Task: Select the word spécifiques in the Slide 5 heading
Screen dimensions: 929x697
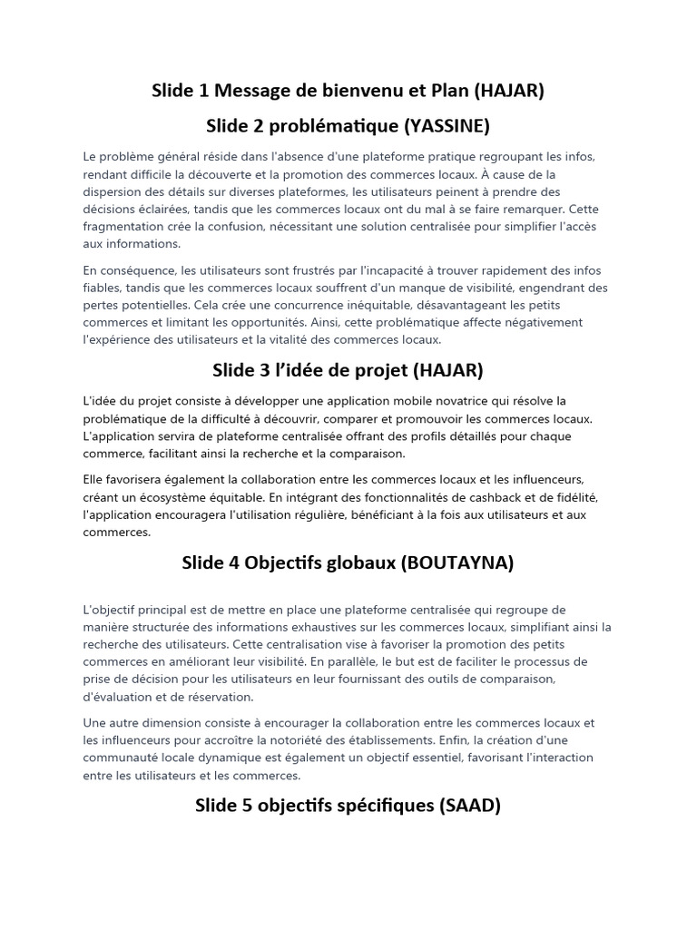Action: click(370, 806)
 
